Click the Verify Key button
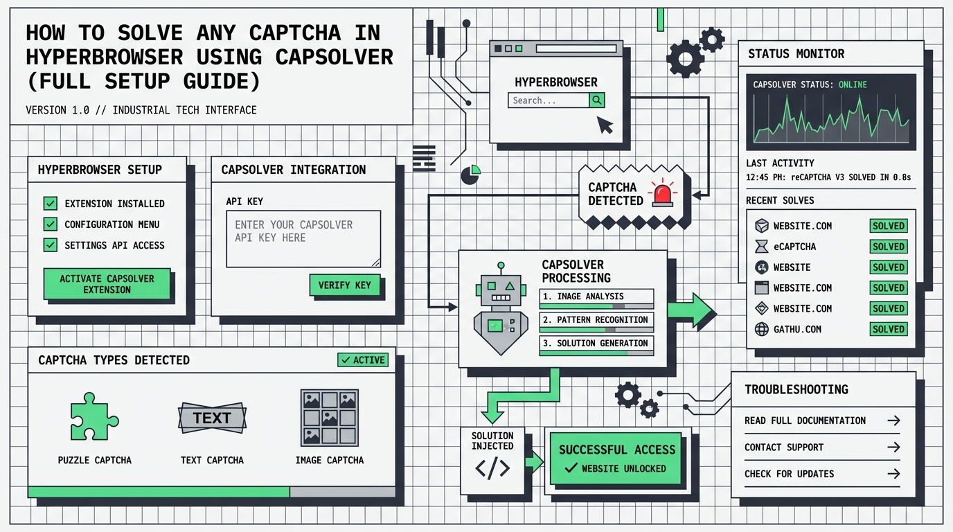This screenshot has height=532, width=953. coord(344,285)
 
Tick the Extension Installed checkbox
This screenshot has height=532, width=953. coord(50,204)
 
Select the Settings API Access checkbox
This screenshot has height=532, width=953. coord(50,245)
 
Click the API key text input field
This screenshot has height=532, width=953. coord(303,238)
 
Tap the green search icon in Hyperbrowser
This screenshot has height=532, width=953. coord(597,100)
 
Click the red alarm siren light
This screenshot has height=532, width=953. coord(662,193)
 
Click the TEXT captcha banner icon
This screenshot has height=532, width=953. coord(212,418)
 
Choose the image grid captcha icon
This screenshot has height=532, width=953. coord(329,418)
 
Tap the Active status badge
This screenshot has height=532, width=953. coord(363,360)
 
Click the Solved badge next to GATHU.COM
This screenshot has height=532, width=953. coord(889,329)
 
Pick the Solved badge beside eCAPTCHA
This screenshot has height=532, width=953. coord(889,247)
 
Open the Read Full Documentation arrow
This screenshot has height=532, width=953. coord(893,420)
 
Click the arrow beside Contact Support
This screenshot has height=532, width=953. coord(893,447)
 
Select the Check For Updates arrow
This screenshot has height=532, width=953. coord(893,474)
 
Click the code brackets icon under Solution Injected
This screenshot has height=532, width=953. coord(492,469)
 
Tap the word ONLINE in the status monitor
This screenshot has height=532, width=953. coord(853,85)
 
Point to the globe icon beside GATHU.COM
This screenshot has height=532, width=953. coord(762,329)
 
